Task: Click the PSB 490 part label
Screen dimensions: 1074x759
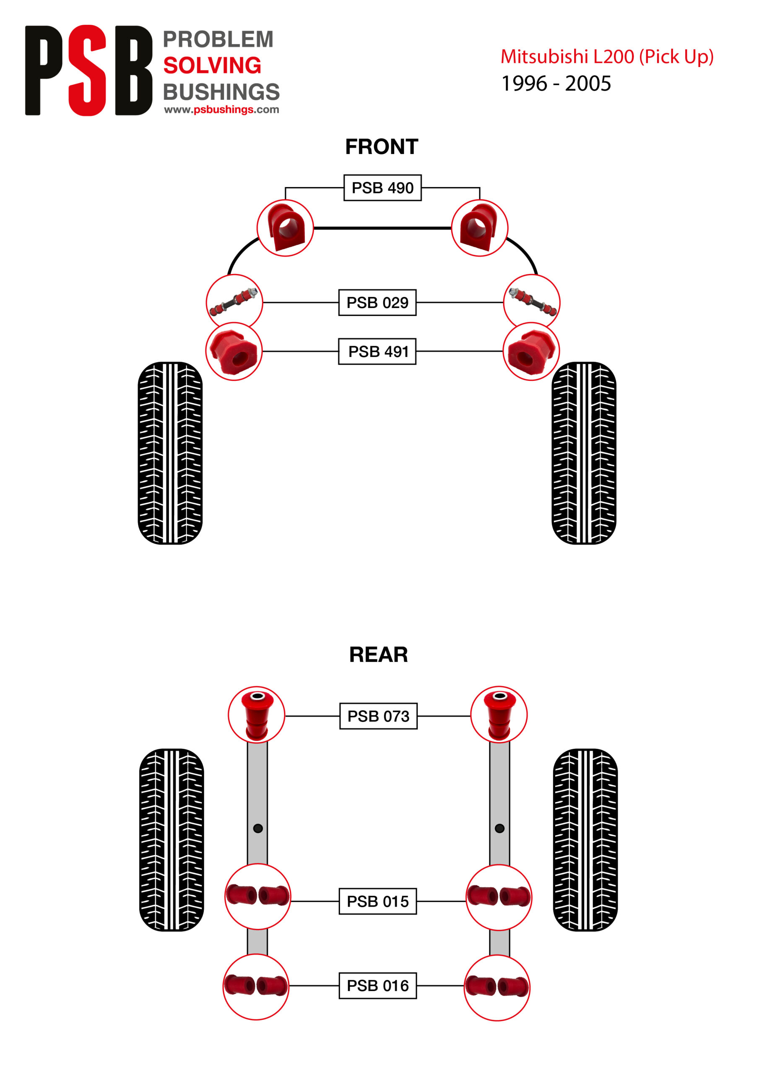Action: coord(382,188)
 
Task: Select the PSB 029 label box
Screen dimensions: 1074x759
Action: coord(377,302)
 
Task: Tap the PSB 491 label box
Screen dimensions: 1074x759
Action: coord(377,351)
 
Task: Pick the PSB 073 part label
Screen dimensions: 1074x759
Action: coord(378,716)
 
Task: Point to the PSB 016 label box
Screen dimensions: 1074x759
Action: coord(377,985)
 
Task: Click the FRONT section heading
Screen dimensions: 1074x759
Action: coord(381,147)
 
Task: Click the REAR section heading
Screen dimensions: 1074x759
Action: coord(378,654)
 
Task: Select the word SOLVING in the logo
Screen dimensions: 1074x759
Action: coord(212,65)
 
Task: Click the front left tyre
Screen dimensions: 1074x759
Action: coord(170,452)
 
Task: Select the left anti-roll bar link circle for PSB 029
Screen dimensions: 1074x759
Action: coord(234,302)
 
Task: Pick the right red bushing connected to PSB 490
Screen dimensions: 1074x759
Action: coord(479,228)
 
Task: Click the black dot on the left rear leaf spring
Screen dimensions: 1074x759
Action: coord(257,829)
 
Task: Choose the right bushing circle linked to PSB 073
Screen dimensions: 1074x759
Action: coord(499,714)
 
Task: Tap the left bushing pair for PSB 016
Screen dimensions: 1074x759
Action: coord(256,986)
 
